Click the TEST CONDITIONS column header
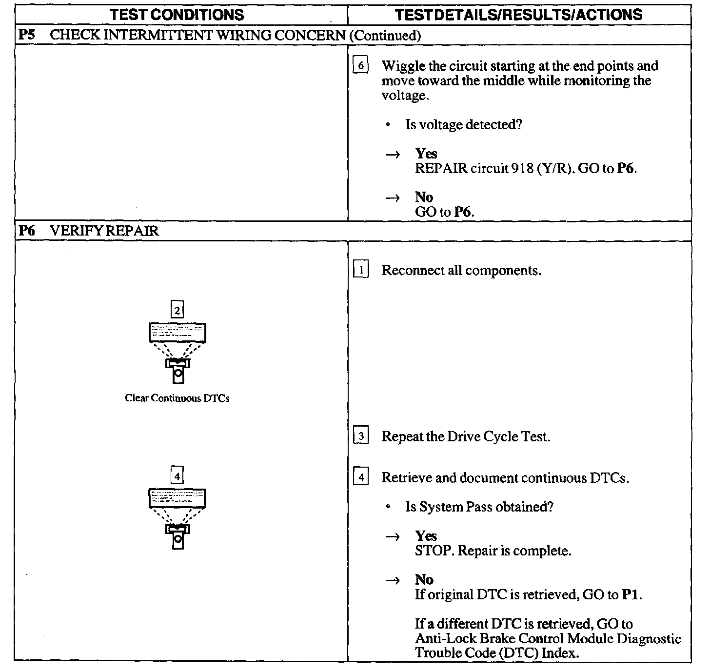pyautogui.click(x=177, y=15)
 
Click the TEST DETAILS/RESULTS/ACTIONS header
pyautogui.click(x=519, y=15)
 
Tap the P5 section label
pyautogui.click(x=26, y=35)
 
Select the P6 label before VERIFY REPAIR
pyautogui.click(x=26, y=231)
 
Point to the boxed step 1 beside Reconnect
pyautogui.click(x=360, y=270)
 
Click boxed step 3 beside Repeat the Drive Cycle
pyautogui.click(x=360, y=436)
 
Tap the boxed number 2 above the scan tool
pyautogui.click(x=177, y=310)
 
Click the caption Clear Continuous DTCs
pyautogui.click(x=177, y=398)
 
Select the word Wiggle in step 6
pyautogui.click(x=402, y=66)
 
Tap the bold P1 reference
pyautogui.click(x=631, y=595)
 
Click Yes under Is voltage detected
pyautogui.click(x=426, y=154)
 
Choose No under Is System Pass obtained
pyautogui.click(x=424, y=580)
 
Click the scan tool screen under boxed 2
pyautogui.click(x=177, y=333)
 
